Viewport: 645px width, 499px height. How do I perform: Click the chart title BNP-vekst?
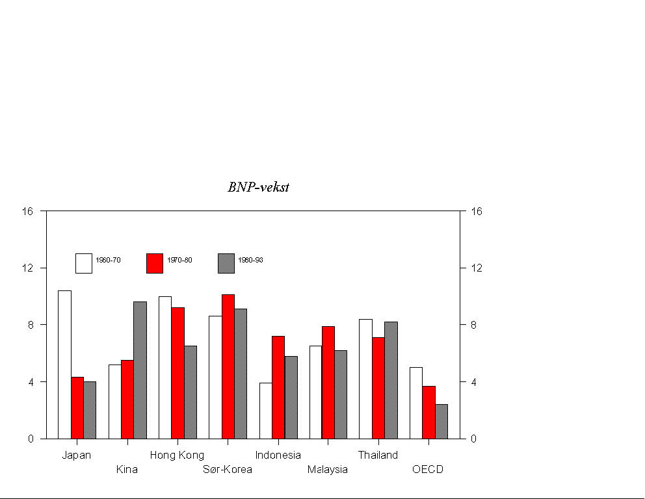pos(258,188)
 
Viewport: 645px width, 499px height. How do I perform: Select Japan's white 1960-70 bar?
pos(64,364)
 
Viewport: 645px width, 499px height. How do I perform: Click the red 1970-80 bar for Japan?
pos(77,407)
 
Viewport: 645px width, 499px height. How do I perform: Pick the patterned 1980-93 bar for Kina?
pos(140,370)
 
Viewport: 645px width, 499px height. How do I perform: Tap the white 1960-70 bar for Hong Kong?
pos(165,367)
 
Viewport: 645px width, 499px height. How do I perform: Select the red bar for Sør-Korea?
pos(228,366)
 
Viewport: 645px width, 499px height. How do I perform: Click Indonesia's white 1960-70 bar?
pos(265,410)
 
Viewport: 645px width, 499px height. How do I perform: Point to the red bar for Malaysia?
pos(328,382)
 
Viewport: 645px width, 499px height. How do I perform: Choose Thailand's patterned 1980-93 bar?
pos(391,379)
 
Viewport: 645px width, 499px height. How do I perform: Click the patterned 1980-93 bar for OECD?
pos(441,421)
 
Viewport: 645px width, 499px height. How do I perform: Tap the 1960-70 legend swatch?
pos(83,263)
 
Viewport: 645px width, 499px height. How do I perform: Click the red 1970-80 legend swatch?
pos(154,263)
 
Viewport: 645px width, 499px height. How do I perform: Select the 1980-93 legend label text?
pos(250,260)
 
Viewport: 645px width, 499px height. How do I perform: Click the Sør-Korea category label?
pos(228,469)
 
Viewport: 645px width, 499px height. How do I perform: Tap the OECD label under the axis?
pos(428,469)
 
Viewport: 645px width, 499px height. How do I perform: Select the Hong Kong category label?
pos(177,455)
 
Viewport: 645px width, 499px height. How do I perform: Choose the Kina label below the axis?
pos(127,469)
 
